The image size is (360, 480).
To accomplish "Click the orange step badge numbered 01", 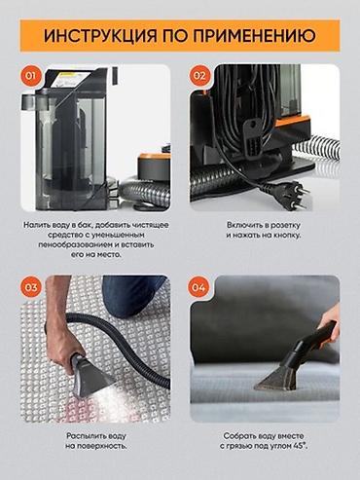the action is coord(31,76).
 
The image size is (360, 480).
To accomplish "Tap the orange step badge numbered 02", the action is coord(199,76).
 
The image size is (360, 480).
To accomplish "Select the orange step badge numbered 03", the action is coord(31,287).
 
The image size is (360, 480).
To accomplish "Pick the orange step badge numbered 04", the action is coord(198,287).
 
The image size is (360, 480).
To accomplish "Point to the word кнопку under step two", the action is coord(285,235).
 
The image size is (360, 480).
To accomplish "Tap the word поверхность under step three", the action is coord(106,446).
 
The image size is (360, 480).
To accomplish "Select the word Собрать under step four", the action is coord(240,436).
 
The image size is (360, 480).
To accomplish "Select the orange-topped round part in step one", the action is coord(154,166).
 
